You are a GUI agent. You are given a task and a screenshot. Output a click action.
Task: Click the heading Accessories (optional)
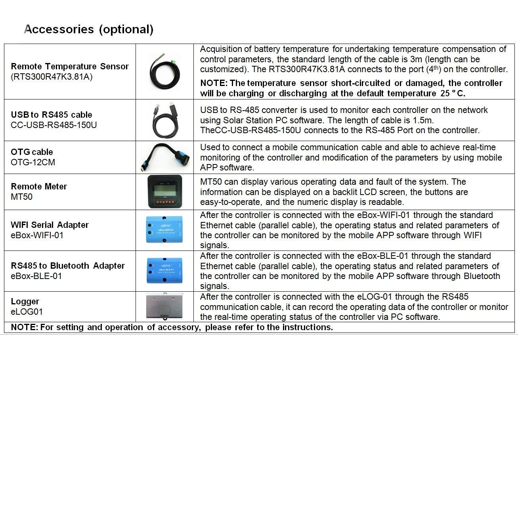89,29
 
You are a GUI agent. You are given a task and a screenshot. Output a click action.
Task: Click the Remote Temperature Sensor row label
70,67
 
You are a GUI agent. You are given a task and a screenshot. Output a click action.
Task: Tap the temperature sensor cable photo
165,72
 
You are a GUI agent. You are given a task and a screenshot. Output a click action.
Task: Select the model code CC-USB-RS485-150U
54,125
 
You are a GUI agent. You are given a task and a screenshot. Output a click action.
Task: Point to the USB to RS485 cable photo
165,120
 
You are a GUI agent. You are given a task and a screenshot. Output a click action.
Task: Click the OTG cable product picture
165,157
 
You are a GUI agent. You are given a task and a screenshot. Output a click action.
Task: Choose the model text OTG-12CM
33,162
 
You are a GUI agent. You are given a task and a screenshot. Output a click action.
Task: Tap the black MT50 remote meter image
165,192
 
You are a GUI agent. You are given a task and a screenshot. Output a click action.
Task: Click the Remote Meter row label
39,187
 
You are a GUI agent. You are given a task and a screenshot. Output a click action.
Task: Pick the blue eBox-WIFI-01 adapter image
165,230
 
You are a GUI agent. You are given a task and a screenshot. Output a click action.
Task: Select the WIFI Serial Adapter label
50,225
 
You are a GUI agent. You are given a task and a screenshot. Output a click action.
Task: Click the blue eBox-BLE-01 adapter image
165,271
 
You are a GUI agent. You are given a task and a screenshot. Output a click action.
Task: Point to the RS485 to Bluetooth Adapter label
68,266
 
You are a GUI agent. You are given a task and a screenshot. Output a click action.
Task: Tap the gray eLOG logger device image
164,306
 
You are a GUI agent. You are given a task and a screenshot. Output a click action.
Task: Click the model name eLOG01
27,312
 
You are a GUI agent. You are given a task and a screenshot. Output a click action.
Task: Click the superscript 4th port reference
434,69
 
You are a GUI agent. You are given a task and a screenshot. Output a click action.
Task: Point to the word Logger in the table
25,302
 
